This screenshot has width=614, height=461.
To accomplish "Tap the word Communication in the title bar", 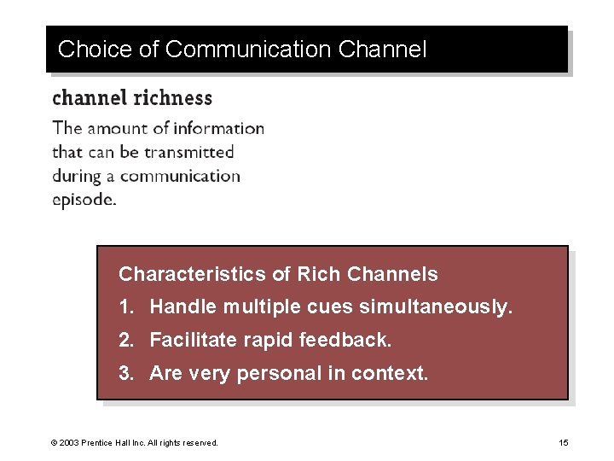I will coord(249,50).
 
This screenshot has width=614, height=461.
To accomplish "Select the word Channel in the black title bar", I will coord(382,50).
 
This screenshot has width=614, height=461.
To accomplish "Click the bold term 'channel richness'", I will coord(132,97).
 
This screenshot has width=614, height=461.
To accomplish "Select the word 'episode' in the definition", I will coord(83,201).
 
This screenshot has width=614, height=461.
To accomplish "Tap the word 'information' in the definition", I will coord(219,129).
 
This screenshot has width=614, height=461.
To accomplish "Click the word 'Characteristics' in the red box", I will coord(193,274).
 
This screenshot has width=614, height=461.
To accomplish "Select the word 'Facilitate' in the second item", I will coord(193,341).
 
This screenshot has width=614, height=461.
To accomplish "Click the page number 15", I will coord(564,443).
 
